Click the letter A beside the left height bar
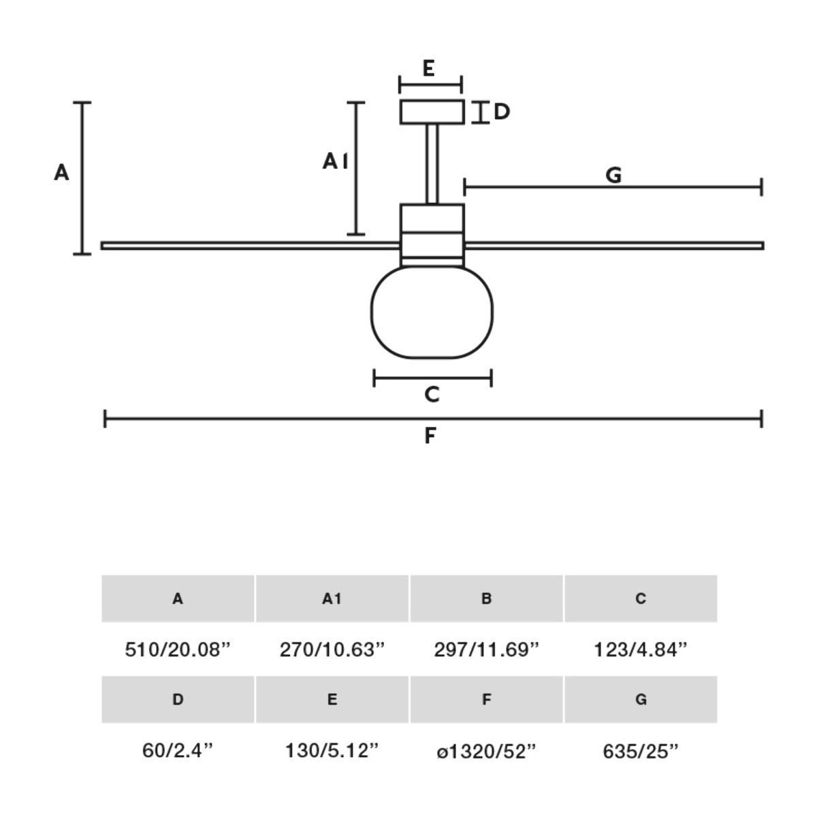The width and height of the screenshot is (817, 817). tap(61, 173)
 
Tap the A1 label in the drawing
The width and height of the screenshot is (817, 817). tap(335, 161)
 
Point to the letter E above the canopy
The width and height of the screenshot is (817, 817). tap(428, 68)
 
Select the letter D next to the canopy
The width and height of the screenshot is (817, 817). tap(502, 112)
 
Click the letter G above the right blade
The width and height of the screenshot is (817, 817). tap(613, 176)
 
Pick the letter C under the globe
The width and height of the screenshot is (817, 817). tap(432, 395)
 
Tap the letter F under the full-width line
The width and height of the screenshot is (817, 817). tap(430, 436)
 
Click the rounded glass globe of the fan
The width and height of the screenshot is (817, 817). tap(432, 312)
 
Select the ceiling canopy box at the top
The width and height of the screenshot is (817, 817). tap(432, 112)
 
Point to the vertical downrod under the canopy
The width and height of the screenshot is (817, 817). tap(432, 163)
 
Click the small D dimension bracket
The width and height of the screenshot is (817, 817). tap(481, 112)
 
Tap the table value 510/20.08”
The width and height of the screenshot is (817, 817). tap(178, 650)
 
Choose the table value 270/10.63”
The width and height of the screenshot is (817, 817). tap(332, 650)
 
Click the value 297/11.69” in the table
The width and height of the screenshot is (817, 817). tap(486, 650)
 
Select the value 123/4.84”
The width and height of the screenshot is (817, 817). tap(640, 650)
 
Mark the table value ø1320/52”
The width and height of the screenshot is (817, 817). tap(486, 751)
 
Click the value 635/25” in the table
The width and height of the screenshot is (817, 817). tap(640, 751)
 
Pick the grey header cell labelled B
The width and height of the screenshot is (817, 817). tap(486, 598)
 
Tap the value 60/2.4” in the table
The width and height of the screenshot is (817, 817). tap(178, 751)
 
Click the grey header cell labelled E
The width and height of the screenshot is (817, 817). tap(332, 699)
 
